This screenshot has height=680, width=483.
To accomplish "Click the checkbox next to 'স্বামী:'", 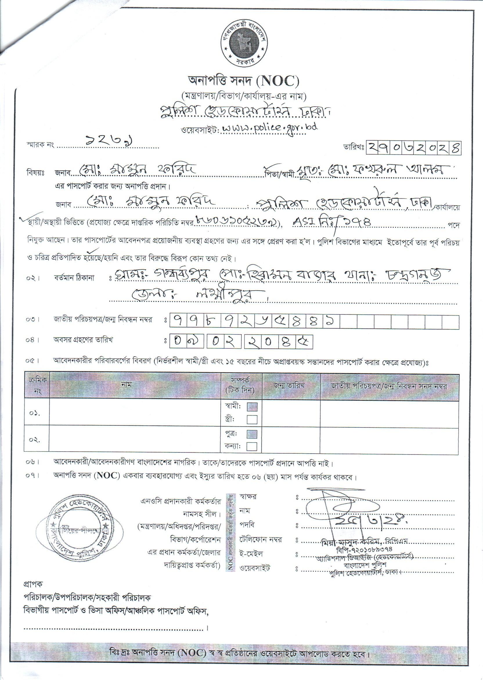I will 252,407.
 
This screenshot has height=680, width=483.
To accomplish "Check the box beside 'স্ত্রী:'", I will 252,420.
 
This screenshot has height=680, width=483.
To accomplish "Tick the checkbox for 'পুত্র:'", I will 252,434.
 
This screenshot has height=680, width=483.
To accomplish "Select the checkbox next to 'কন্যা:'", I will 252,447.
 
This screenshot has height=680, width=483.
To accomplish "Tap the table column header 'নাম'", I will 135,385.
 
